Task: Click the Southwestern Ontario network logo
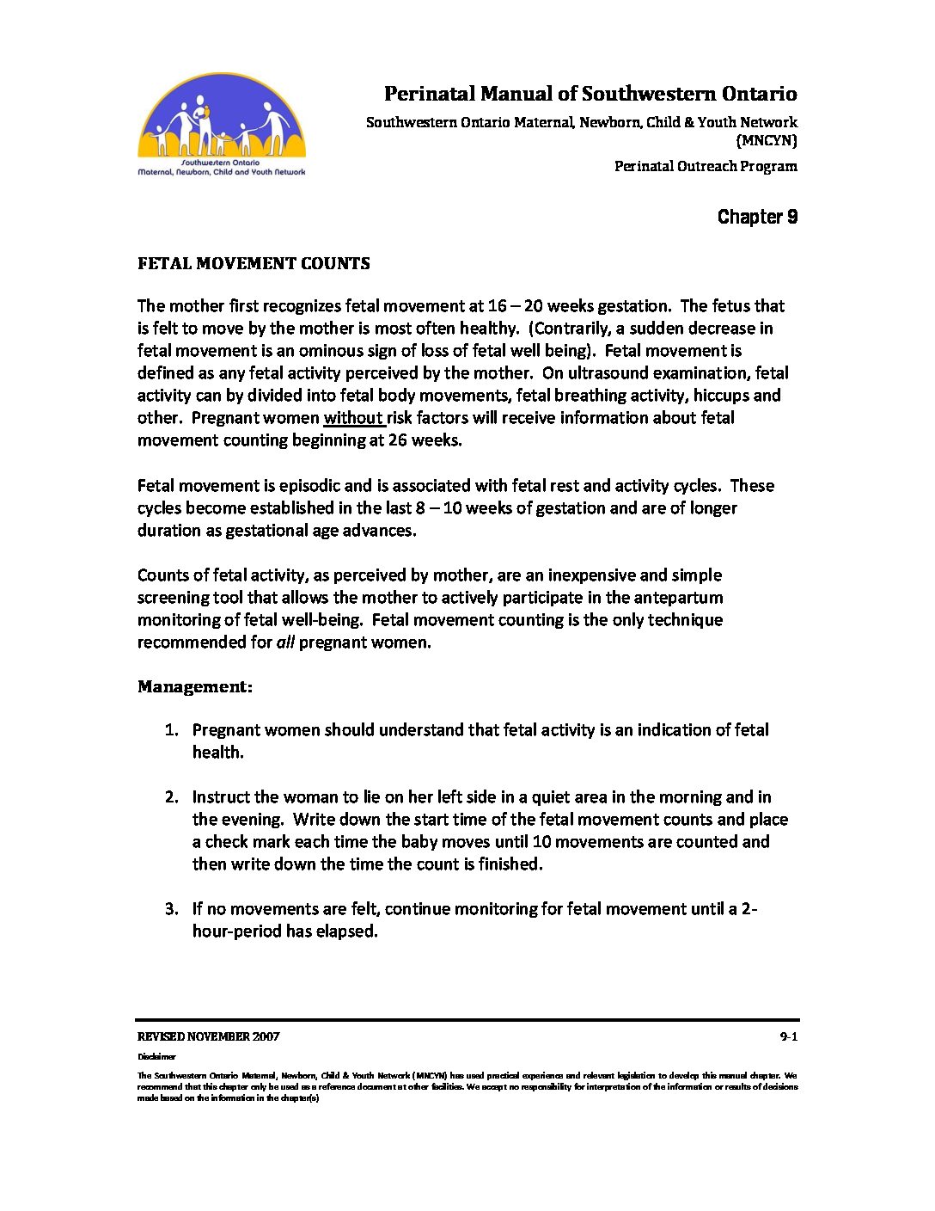pos(222,125)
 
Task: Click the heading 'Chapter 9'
pos(757,217)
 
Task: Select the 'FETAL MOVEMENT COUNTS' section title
pos(254,264)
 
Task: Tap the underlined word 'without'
pos(353,418)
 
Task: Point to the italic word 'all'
pos(285,642)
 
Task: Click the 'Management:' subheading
pos(195,686)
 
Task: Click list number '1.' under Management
pos(172,730)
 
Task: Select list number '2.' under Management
pos(172,797)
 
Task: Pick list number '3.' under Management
pos(172,909)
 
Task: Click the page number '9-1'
pos(788,1036)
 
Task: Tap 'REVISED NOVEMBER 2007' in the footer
pos(208,1036)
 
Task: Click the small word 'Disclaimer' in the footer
pos(156,1056)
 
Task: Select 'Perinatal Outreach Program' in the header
pos(706,166)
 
